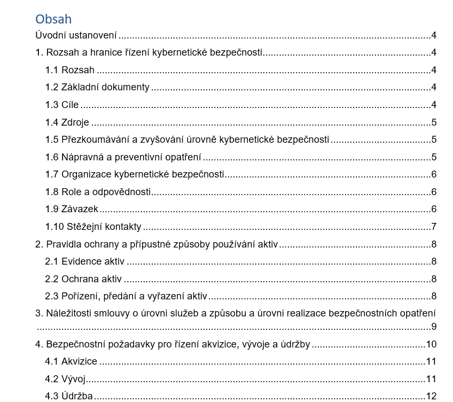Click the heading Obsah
click(53, 19)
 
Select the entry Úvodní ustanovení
click(76, 36)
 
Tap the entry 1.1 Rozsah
click(70, 70)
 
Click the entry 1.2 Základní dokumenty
click(97, 87)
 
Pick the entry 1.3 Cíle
click(62, 105)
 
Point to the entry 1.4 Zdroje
click(67, 122)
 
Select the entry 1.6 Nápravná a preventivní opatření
click(123, 157)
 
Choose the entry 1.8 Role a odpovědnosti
click(98, 192)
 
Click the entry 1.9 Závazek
click(72, 209)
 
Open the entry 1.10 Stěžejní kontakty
click(93, 227)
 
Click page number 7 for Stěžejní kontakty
click(434, 227)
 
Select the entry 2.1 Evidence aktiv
click(84, 261)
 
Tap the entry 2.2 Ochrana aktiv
click(83, 279)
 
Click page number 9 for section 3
click(434, 327)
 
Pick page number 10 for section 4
click(431, 344)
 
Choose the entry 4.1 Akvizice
click(71, 361)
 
